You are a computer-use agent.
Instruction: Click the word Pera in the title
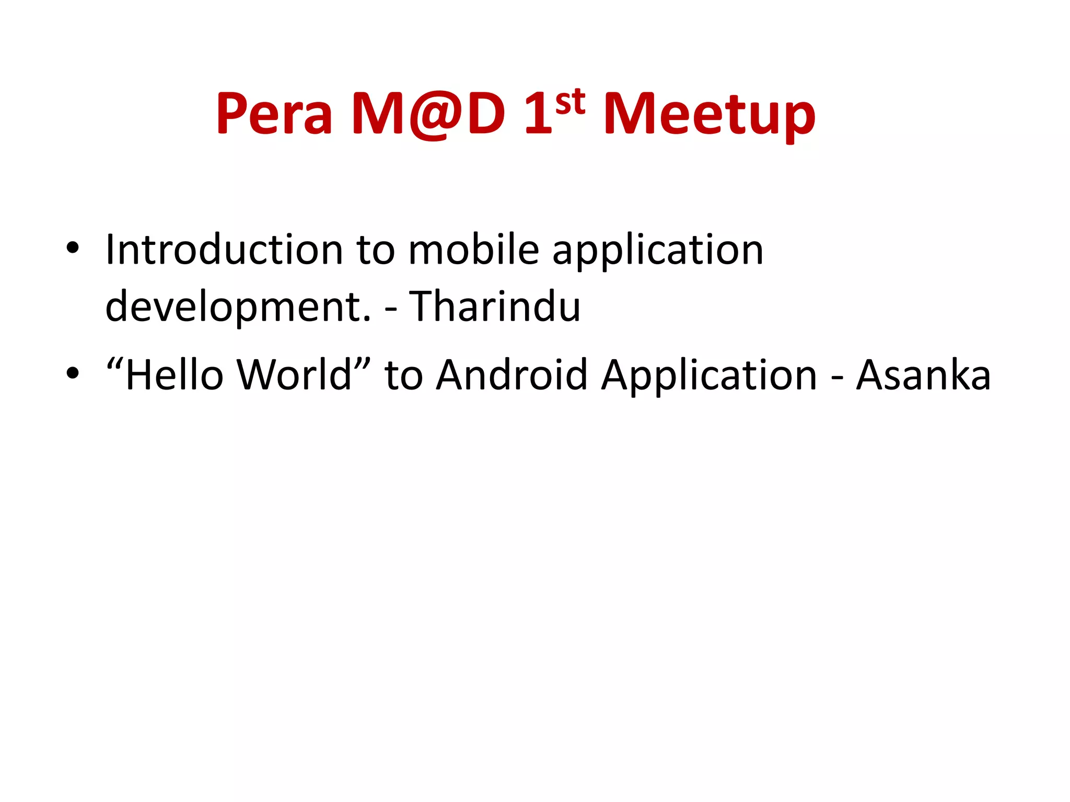274,114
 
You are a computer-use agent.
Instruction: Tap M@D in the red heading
428,114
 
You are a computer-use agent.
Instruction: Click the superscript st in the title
570,102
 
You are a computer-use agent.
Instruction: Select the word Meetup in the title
709,114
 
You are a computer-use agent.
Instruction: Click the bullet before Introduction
73,249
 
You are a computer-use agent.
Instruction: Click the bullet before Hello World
73,374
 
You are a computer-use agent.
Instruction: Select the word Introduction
224,250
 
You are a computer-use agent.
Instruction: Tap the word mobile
473,250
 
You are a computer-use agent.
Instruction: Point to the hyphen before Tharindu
390,309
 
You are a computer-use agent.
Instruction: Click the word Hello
175,375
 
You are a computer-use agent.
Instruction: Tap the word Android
511,375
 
